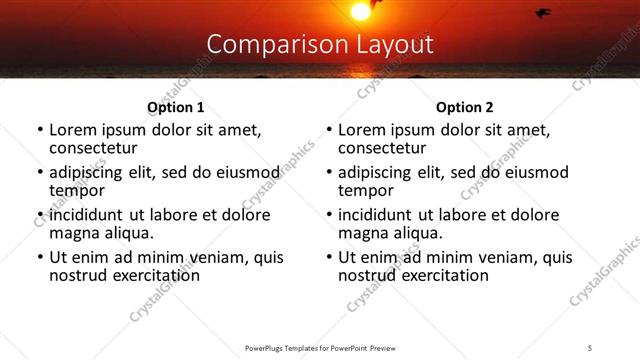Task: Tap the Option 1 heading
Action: coord(175,108)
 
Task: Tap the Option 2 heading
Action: coord(464,108)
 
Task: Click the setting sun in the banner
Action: coord(359,11)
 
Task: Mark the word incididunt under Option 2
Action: coord(380,215)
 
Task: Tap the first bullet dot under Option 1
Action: coord(39,130)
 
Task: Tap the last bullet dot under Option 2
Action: coord(328,257)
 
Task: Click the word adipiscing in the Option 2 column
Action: coord(376,172)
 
